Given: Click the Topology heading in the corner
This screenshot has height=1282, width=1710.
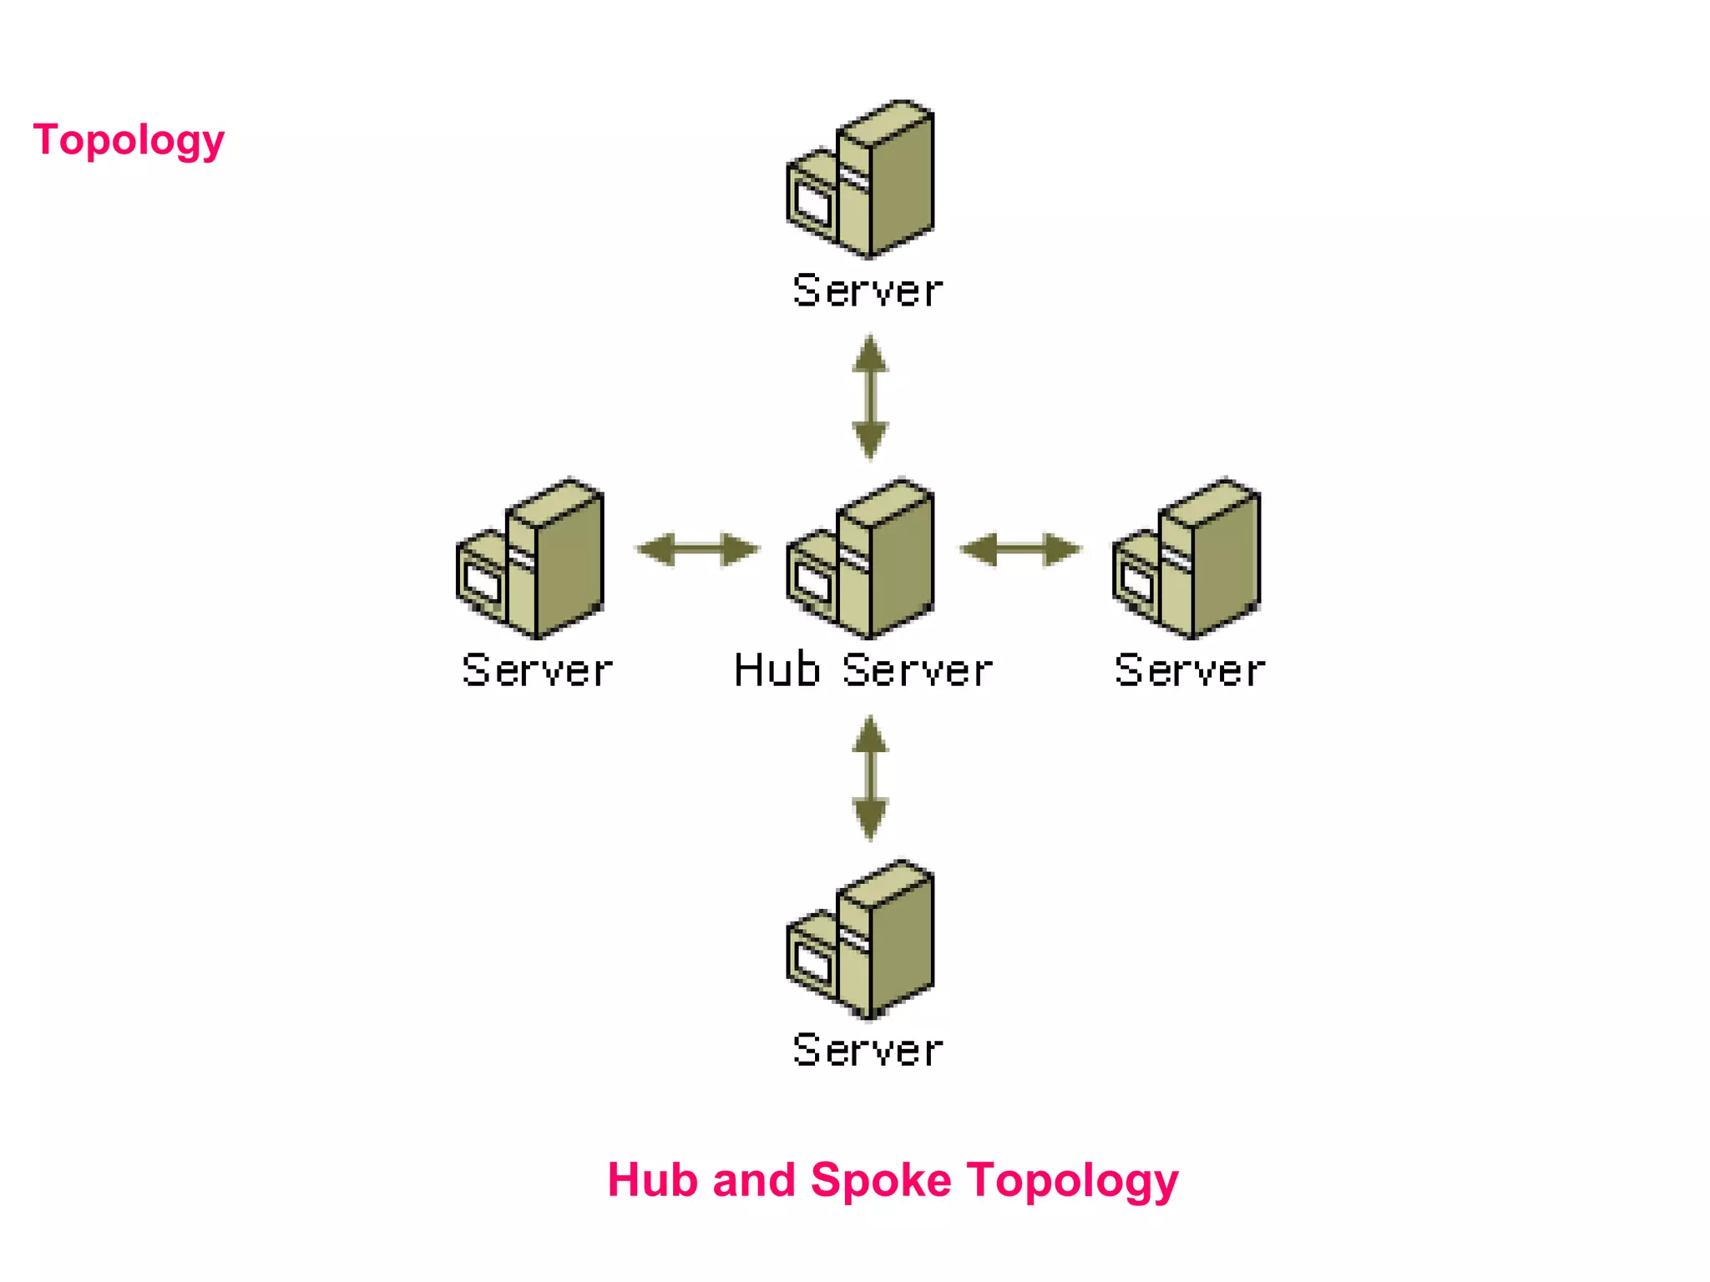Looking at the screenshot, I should point(129,139).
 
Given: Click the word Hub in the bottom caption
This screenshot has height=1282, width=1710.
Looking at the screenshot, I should point(652,1179).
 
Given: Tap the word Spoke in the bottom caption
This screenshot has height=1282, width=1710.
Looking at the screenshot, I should point(881,1181).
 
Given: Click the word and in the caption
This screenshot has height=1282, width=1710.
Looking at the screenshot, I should point(753,1179).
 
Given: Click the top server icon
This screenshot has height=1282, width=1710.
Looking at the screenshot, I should point(861,179).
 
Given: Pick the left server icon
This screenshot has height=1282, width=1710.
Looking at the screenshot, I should point(530,558).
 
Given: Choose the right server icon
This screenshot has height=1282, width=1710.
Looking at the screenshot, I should point(1186,558).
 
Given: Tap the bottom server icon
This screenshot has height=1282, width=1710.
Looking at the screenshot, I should point(861,939).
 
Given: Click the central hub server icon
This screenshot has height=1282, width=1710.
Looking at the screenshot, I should point(861,558).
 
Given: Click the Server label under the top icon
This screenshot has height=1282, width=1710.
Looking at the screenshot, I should point(868,290).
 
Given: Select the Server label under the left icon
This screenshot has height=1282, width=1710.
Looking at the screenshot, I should point(537,670).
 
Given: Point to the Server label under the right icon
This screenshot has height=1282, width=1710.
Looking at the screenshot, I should point(1190,670).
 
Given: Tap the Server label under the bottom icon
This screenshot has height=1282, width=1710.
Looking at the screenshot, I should point(868,1050).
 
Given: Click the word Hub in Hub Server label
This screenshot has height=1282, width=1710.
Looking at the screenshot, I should point(777,670).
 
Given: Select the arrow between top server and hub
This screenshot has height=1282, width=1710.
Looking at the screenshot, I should point(870,397).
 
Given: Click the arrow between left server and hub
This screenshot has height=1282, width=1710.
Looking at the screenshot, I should point(698,549).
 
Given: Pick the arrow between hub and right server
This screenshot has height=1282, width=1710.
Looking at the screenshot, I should point(1020,549).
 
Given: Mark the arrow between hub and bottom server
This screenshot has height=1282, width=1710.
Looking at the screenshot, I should point(870,778).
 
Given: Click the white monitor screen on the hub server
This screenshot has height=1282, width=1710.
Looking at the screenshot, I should point(812,582).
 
